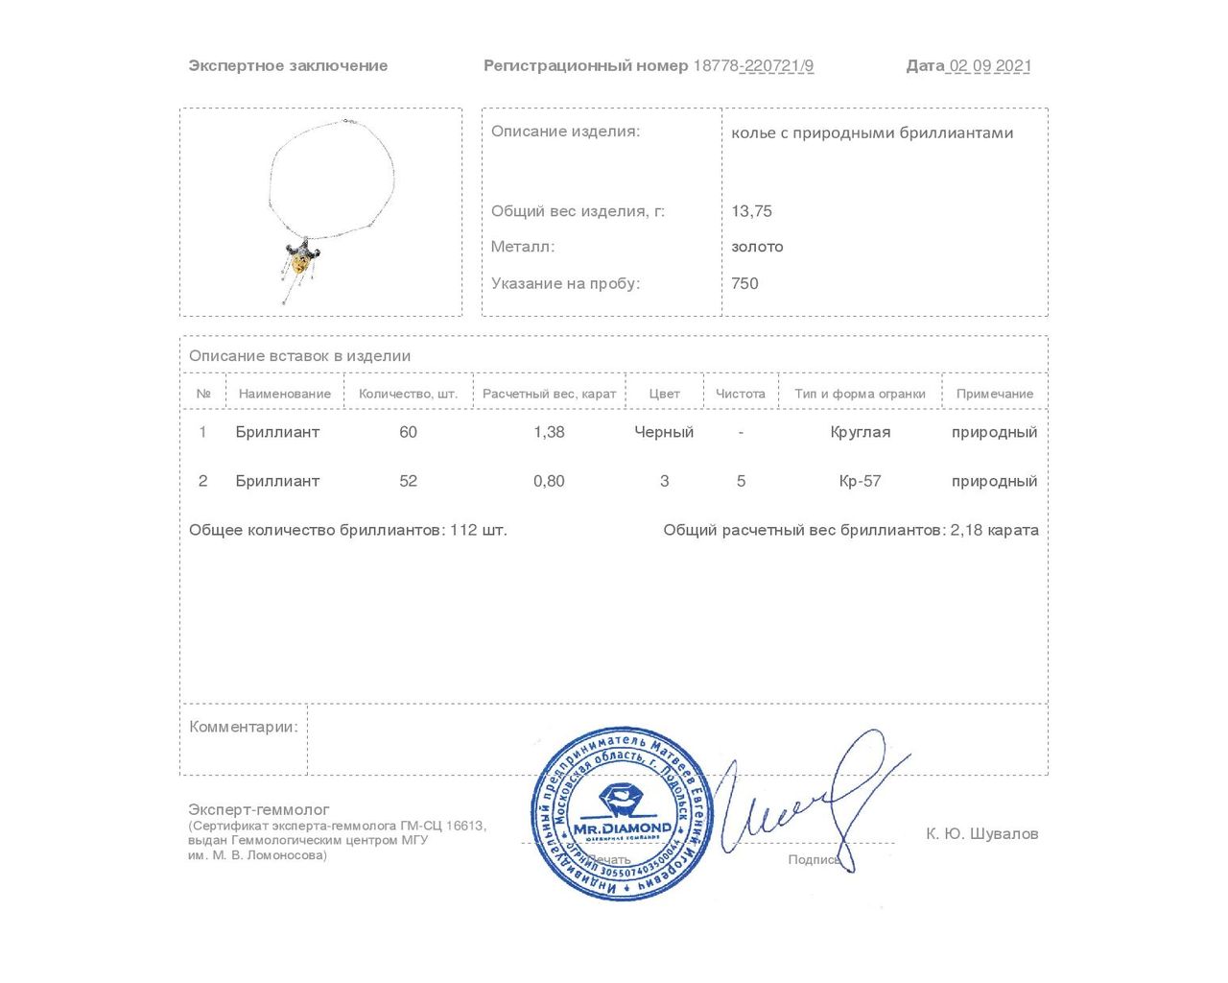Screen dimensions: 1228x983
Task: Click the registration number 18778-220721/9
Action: click(753, 66)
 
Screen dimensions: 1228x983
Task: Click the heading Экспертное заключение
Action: click(288, 66)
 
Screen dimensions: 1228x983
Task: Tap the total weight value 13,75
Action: click(751, 211)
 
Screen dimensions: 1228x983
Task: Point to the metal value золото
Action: click(757, 247)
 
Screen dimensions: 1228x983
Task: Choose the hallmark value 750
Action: click(744, 283)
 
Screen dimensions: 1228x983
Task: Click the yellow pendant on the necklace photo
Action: click(301, 260)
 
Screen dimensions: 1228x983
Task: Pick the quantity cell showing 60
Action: click(408, 432)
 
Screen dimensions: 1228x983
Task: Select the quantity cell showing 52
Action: click(408, 481)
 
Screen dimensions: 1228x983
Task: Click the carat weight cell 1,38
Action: click(549, 432)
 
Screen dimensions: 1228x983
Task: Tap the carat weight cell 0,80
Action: click(549, 481)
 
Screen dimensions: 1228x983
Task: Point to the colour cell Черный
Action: click(664, 432)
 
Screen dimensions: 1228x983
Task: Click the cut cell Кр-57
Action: click(860, 481)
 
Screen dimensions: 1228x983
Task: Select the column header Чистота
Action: click(741, 394)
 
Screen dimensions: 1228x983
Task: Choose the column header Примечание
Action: click(995, 394)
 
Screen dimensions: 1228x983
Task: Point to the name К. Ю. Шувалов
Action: click(981, 833)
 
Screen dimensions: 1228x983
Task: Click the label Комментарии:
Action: click(244, 727)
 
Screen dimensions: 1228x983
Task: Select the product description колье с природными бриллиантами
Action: click(872, 132)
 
